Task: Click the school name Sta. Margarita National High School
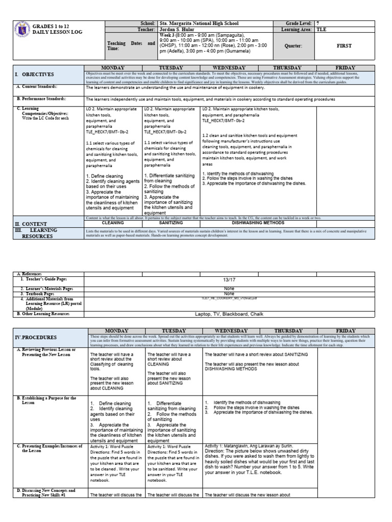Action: click(x=199, y=23)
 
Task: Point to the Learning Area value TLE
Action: click(x=322, y=30)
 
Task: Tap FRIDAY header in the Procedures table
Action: click(x=360, y=331)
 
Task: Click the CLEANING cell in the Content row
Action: click(x=113, y=223)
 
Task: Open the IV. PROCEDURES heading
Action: click(x=36, y=337)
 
